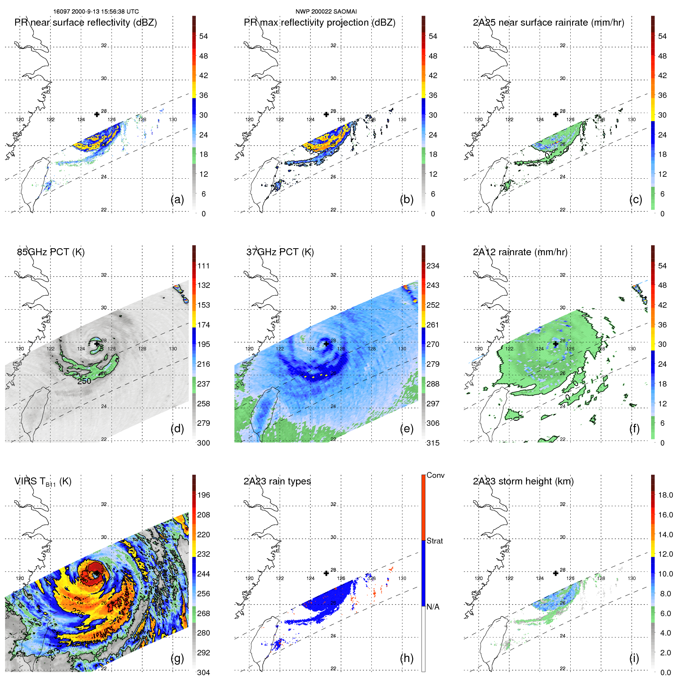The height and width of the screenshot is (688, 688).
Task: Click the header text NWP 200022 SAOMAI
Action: pos(326,12)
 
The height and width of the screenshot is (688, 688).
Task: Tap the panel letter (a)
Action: pos(177,199)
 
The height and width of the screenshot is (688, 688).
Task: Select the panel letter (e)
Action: pos(406,428)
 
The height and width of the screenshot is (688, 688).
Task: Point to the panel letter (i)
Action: pos(634,658)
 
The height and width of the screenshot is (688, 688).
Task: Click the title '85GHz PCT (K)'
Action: pos(51,252)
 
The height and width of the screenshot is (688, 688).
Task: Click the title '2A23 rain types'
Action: pos(277,481)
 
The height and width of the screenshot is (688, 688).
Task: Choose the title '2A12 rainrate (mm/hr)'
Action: pos(520,252)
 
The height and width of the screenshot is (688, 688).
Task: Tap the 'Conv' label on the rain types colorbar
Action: pos(435,475)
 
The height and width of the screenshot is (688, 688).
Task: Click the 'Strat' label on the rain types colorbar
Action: pos(435,541)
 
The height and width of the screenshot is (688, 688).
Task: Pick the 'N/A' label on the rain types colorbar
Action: pos(433,607)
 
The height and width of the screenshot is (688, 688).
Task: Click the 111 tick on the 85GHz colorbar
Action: pos(204,266)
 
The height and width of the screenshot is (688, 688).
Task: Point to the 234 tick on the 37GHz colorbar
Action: pos(433,266)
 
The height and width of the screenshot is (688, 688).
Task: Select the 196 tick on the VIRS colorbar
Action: pos(204,495)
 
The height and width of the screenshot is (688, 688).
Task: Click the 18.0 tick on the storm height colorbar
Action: pos(665,495)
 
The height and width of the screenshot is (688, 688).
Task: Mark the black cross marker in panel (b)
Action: pos(326,114)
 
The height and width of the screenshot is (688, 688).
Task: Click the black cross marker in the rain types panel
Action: pos(326,573)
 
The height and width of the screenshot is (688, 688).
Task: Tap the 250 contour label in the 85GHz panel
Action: pos(84,381)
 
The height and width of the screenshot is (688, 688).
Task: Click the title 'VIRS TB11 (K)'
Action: pos(43,482)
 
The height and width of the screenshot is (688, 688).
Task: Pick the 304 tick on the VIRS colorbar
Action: pos(204,672)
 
